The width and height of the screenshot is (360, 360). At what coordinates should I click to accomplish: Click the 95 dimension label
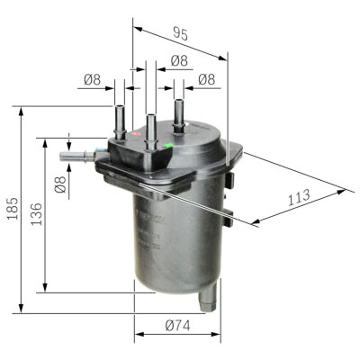pyautogui.click(x=181, y=34)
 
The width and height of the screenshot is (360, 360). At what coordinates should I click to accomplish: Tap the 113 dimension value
pyautogui.click(x=299, y=197)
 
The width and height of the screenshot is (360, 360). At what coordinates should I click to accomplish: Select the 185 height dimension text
pyautogui.click(x=13, y=209)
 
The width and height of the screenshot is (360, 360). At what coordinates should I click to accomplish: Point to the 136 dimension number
pyautogui.click(x=37, y=214)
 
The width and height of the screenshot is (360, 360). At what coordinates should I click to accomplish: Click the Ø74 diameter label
pyautogui.click(x=177, y=326)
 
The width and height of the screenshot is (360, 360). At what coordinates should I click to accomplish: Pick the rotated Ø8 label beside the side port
pyautogui.click(x=60, y=184)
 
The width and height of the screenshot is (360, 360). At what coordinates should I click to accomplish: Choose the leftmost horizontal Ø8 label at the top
pyautogui.click(x=92, y=80)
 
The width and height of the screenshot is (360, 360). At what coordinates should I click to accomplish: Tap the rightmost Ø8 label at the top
pyautogui.click(x=207, y=79)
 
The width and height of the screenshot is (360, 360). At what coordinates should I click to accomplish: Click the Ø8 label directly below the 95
pyautogui.click(x=179, y=60)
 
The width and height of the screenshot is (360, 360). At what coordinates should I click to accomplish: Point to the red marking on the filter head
pyautogui.click(x=135, y=133)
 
